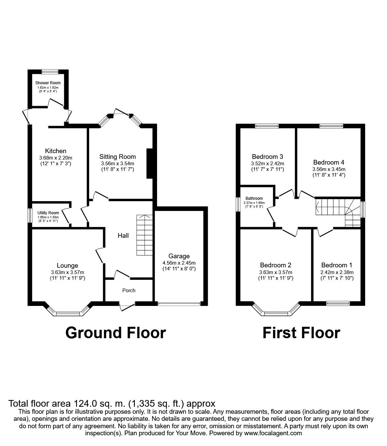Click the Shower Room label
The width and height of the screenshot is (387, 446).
pos(48,83)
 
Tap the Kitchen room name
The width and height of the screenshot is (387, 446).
pos(55,151)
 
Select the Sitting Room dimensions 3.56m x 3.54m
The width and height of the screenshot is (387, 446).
pos(117,163)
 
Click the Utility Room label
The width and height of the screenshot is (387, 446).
pos(48,213)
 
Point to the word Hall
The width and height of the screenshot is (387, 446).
pos(123,236)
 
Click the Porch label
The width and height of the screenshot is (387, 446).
pos(129,290)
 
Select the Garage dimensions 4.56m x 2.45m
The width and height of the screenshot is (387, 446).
pos(179,263)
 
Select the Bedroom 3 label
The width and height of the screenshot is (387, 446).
pos(267,157)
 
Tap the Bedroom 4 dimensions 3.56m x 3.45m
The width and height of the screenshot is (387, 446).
pos(328,169)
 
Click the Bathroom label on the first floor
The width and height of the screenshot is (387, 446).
pos(254,198)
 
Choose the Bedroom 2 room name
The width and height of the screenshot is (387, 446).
pos(275,265)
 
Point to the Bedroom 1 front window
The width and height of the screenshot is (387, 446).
pos(338,303)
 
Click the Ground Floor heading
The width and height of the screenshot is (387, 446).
pos(115,332)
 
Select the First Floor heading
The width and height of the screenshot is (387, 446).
pos(301,332)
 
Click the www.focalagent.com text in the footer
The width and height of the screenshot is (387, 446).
pos(273,433)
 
